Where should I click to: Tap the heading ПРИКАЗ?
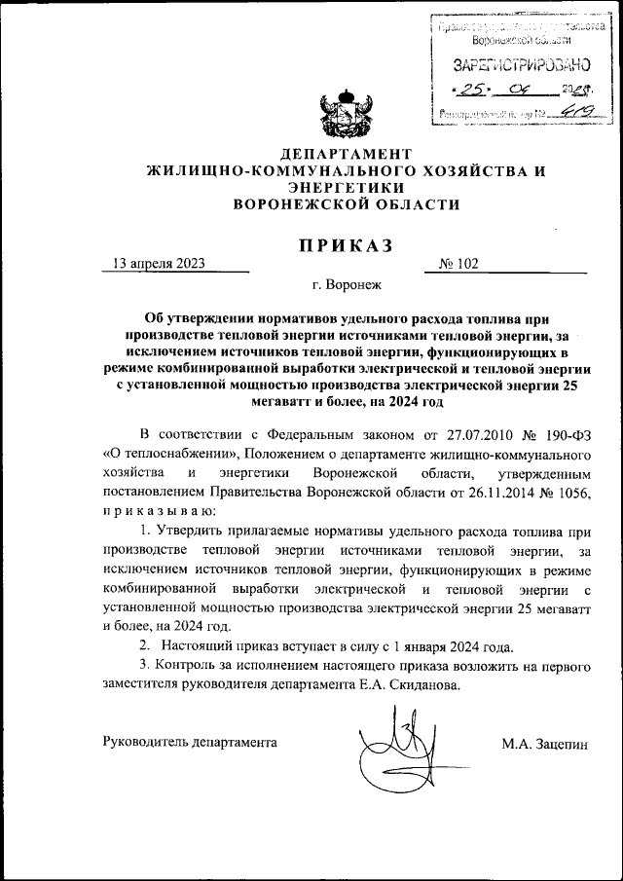[346, 246]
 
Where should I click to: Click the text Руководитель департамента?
[190, 742]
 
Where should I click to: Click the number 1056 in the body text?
[574, 492]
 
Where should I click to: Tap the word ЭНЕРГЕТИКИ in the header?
[346, 188]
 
